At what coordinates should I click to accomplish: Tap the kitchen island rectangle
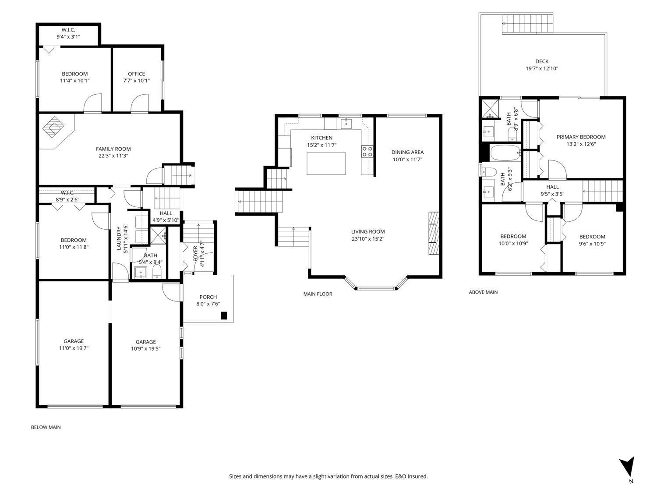(x=326, y=163)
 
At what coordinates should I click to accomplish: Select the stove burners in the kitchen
(x=367, y=151)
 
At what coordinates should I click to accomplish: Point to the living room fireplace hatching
(x=433, y=234)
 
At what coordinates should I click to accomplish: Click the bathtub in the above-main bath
(x=505, y=154)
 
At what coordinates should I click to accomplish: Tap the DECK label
(x=541, y=61)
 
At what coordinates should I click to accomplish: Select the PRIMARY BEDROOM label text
(x=581, y=137)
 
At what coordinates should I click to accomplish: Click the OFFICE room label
(x=136, y=74)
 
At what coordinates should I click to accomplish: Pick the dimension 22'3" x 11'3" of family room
(x=113, y=156)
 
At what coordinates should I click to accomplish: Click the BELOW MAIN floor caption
(x=46, y=427)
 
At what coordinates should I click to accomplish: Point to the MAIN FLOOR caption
(x=318, y=294)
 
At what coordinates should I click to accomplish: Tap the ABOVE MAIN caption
(x=483, y=292)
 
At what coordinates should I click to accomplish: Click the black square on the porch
(x=224, y=315)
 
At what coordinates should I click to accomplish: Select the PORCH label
(x=208, y=297)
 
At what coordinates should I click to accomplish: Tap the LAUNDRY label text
(x=119, y=238)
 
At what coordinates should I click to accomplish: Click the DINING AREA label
(x=407, y=152)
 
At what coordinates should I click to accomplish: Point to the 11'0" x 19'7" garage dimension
(x=74, y=348)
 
